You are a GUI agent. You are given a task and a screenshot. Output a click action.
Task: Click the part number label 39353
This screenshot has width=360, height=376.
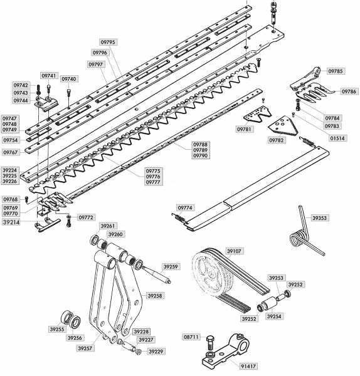[319, 218]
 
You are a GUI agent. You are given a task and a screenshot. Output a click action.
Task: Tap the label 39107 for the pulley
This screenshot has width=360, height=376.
[234, 251]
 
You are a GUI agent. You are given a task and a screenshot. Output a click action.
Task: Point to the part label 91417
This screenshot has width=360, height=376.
[248, 366]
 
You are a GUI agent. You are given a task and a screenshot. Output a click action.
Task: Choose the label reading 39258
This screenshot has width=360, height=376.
[155, 296]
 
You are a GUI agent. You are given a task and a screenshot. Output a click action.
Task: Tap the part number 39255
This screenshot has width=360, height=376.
[57, 329]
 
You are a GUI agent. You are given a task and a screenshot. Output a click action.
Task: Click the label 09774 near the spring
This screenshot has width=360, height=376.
[185, 207]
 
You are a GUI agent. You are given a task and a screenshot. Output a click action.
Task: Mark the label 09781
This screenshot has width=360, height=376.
[244, 129]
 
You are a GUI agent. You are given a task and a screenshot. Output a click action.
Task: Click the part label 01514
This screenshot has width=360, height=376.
[337, 138]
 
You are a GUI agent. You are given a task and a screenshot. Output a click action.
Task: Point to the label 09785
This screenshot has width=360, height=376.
[336, 71]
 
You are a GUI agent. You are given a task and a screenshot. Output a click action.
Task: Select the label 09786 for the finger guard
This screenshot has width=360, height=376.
[349, 91]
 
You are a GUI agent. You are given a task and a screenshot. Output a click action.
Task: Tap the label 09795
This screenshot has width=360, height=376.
[108, 42]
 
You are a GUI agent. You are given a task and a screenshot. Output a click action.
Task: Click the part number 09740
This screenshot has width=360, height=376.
[69, 79]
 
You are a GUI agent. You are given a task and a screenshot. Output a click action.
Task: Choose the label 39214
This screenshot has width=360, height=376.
[11, 222]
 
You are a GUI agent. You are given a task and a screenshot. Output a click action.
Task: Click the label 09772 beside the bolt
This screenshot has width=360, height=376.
[86, 217]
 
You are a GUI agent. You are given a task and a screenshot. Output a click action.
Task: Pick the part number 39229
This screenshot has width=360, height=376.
[156, 352]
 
